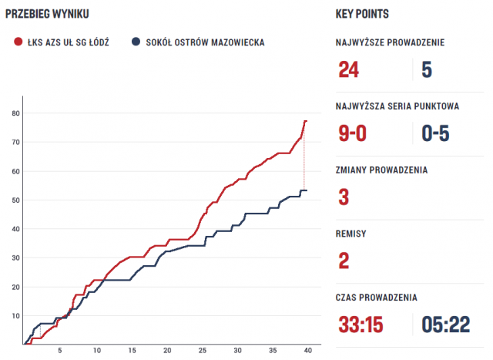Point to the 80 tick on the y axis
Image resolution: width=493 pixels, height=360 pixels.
pos(15,114)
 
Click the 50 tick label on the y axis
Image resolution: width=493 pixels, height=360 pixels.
pos(15,200)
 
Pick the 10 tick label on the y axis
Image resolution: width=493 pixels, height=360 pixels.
pos(15,316)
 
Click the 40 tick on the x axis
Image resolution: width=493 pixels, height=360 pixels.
pos(307,351)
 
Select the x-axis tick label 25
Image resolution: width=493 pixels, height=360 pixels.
pos(202,351)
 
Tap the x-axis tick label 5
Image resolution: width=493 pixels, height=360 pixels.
pos(61,351)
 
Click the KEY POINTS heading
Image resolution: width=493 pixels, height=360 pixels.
pos(363,15)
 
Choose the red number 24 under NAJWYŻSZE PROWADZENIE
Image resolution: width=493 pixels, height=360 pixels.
pos(349,70)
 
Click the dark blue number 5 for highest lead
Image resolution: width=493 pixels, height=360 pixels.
pos(427,70)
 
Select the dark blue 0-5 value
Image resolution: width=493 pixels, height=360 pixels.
pos(435,133)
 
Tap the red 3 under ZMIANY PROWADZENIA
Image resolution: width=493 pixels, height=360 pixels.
pos(344,197)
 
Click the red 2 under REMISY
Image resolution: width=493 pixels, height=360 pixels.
pos(344,260)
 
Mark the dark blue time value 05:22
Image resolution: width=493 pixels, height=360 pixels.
pos(446,325)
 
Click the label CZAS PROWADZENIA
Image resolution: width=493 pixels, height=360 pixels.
pos(377,297)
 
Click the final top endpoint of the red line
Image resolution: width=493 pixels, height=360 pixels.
pos(306,121)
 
